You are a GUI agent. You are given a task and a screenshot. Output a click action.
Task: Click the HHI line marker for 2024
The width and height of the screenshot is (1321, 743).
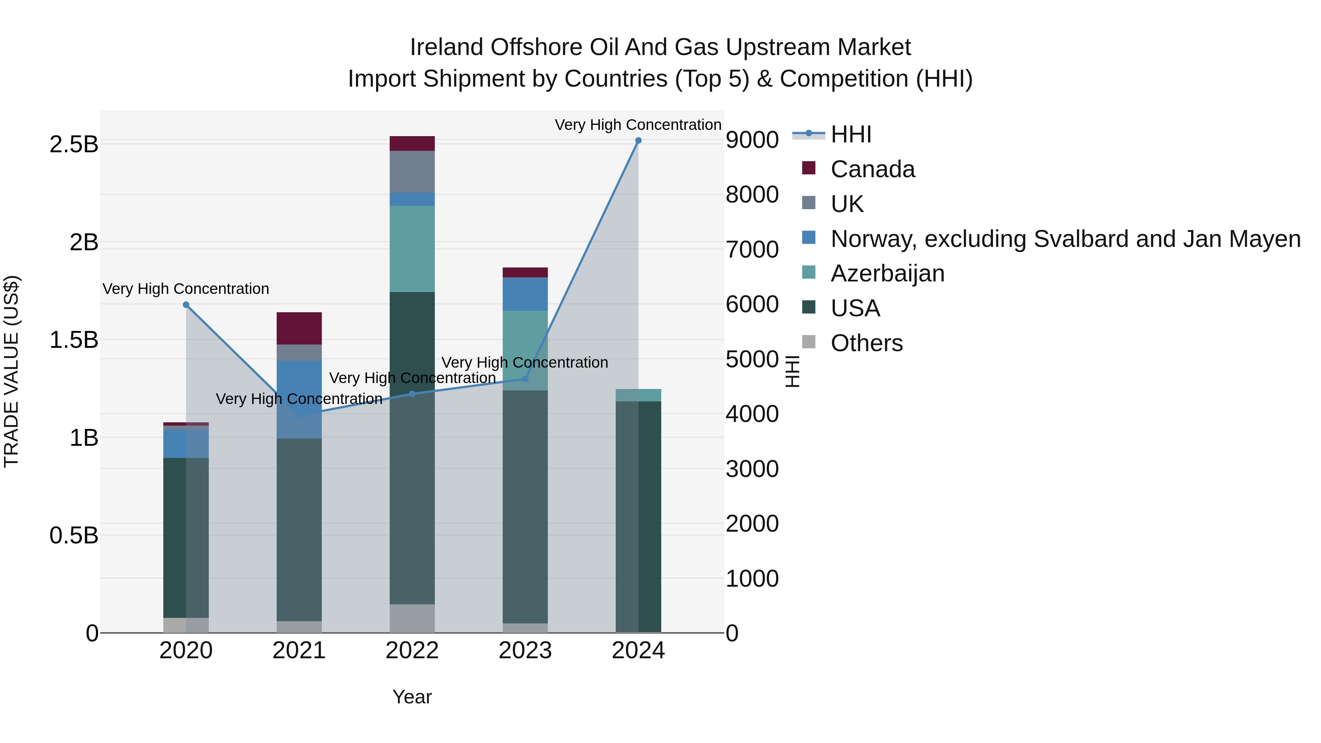(x=638, y=141)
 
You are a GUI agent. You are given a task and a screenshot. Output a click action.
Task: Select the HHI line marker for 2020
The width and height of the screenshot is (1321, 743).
(x=186, y=305)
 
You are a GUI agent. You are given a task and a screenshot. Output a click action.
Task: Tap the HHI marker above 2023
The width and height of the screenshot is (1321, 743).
(x=525, y=379)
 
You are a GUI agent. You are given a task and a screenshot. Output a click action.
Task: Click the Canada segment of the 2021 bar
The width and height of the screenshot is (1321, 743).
(x=299, y=328)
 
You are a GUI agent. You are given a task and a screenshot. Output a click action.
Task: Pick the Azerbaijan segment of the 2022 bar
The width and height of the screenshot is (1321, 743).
(x=412, y=249)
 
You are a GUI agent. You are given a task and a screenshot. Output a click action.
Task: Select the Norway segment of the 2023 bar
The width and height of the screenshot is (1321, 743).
(x=525, y=294)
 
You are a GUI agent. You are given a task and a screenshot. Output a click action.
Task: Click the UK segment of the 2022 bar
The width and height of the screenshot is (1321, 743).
(x=412, y=171)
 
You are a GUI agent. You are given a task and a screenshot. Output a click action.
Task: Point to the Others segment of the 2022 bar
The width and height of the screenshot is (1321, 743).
(x=412, y=618)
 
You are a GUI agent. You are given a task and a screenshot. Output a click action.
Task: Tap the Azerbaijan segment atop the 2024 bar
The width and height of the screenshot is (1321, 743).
(x=638, y=395)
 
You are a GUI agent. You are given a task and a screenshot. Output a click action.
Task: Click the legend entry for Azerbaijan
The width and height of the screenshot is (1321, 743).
(x=887, y=273)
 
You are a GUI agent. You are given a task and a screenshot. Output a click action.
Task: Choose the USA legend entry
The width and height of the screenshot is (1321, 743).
(x=855, y=308)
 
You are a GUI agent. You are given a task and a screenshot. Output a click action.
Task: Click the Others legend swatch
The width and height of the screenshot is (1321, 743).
(x=809, y=342)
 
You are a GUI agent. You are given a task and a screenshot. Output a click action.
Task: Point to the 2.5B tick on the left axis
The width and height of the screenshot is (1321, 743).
(x=73, y=145)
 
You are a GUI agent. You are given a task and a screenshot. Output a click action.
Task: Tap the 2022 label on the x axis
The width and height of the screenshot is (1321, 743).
(x=412, y=651)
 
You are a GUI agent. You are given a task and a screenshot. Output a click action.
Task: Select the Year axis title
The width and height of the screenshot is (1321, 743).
(x=412, y=697)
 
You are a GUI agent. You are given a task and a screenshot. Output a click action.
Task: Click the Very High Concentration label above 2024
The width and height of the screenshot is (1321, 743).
(x=638, y=125)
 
